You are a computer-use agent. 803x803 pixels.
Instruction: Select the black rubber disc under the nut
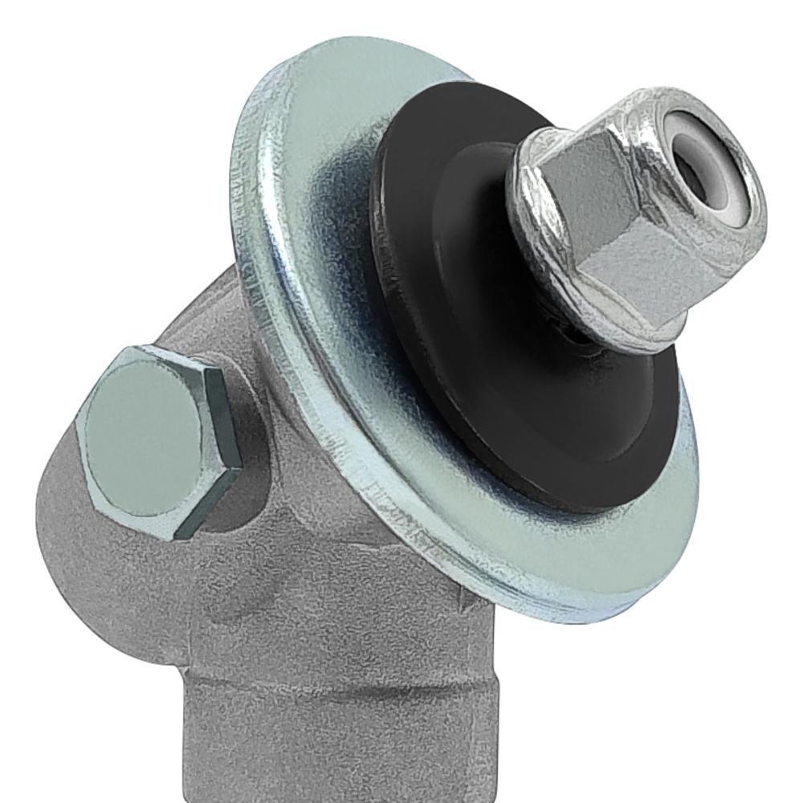coord(522,418)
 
